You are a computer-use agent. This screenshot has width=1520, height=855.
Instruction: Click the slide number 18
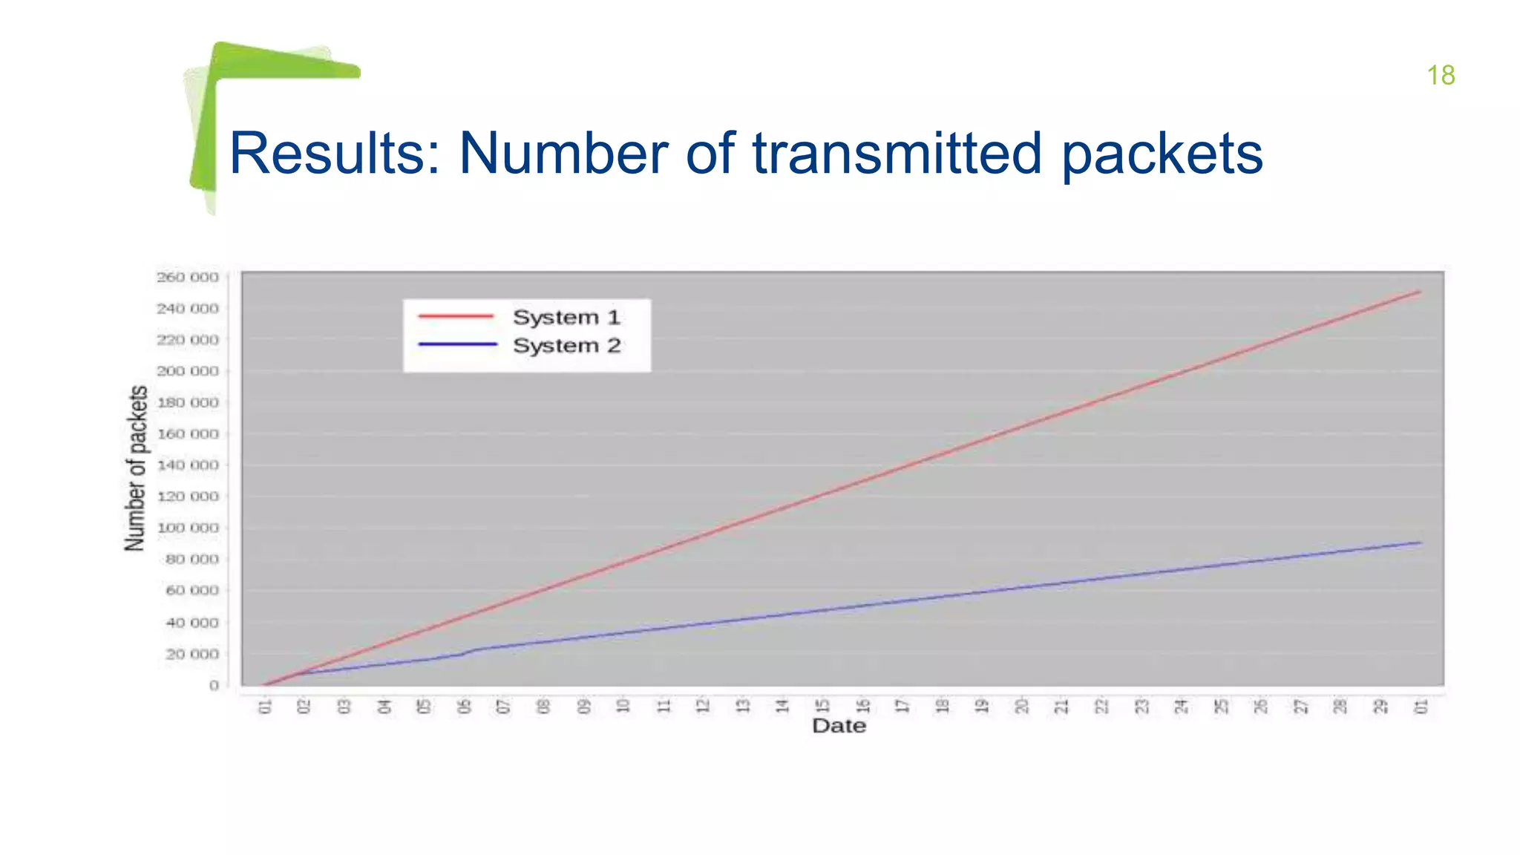(x=1440, y=76)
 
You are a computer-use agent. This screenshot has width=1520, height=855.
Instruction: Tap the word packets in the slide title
(x=1162, y=154)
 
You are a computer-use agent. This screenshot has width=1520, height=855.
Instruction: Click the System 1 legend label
(x=566, y=318)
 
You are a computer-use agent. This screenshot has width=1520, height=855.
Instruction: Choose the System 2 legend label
(x=566, y=346)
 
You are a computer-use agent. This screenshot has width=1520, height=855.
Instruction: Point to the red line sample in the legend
(x=456, y=317)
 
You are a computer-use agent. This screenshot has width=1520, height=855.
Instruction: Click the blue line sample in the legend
(x=457, y=344)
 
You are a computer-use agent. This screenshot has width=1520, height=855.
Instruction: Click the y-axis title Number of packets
(x=136, y=468)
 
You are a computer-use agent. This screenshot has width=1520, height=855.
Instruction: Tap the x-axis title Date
(x=839, y=726)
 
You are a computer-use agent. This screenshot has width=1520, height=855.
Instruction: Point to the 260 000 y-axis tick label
(x=188, y=278)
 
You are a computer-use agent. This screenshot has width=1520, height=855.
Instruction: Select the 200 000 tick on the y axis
(x=188, y=371)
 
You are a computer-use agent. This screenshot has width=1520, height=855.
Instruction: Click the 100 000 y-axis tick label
(x=188, y=528)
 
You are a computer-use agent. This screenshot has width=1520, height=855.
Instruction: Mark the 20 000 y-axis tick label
(x=192, y=655)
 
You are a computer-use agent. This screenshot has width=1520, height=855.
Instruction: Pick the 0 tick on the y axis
(x=214, y=686)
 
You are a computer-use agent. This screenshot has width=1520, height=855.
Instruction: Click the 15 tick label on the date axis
(x=822, y=706)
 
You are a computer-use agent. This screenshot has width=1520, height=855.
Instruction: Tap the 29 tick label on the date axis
(x=1380, y=706)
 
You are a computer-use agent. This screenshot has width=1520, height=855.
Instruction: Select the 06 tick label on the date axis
(x=464, y=706)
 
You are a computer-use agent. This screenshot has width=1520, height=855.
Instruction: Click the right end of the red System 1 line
(x=1419, y=292)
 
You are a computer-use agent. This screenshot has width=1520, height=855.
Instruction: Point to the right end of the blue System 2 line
(x=1420, y=543)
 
